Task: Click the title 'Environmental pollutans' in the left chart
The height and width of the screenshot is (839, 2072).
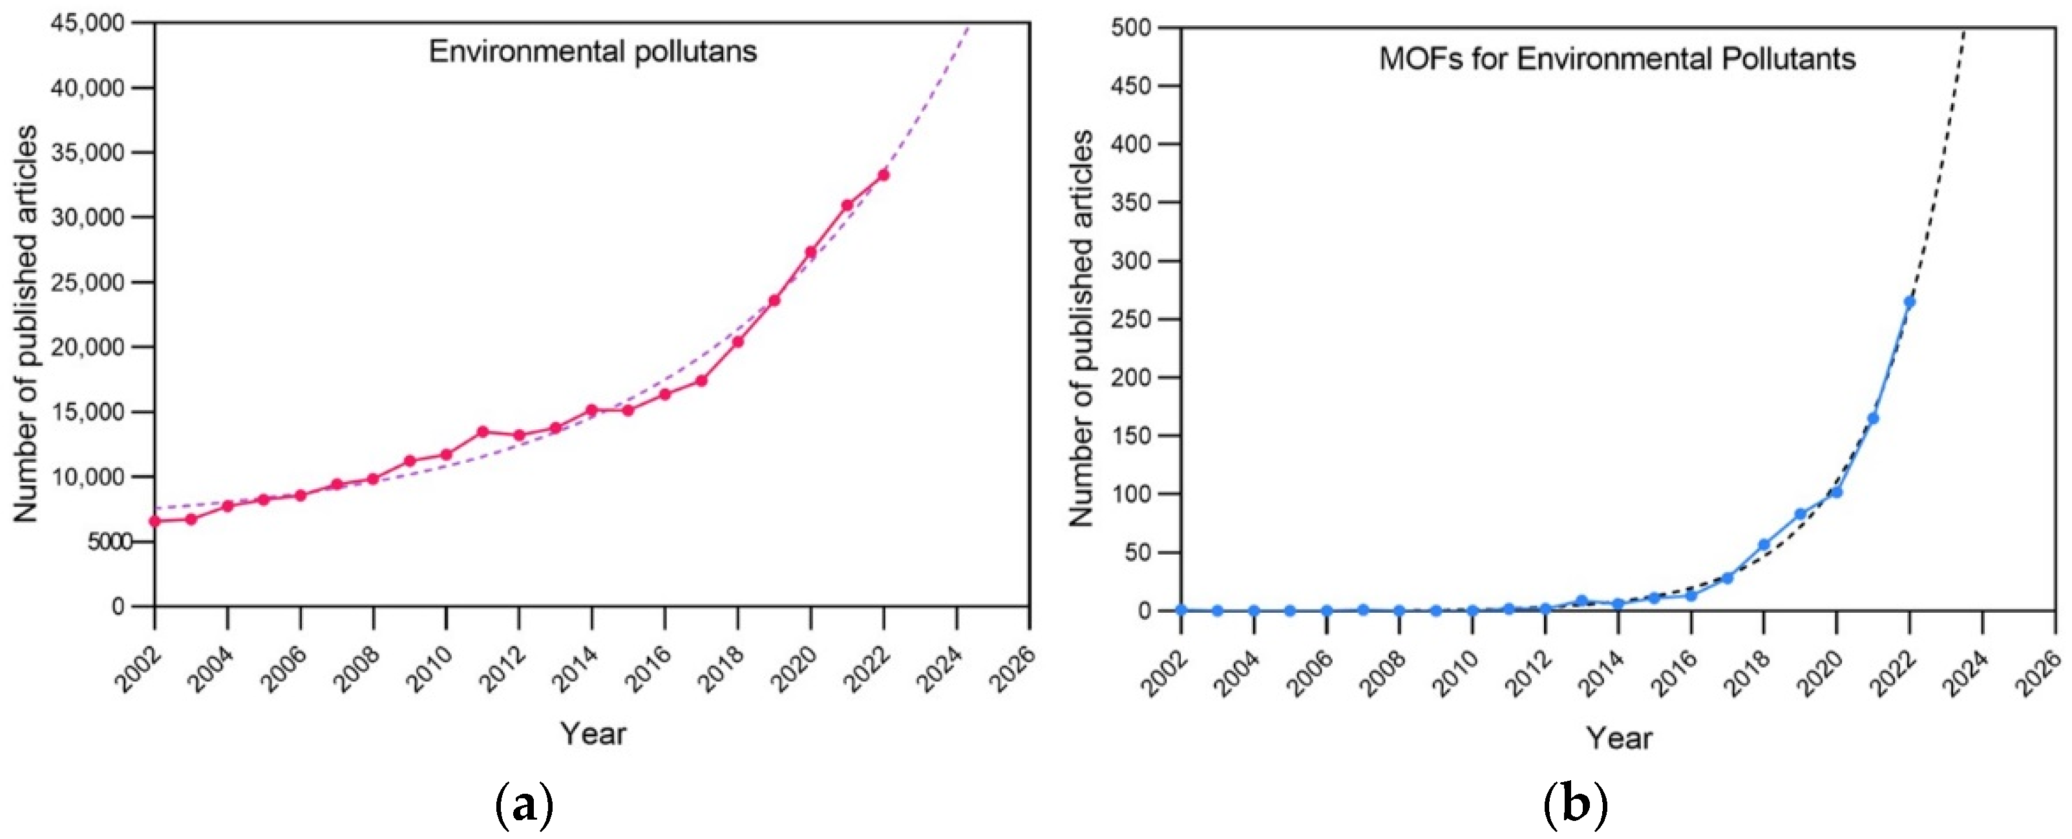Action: click(593, 52)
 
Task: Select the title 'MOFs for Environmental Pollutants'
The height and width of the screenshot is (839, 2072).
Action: click(1618, 59)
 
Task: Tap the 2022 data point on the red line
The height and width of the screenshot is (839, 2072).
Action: click(883, 175)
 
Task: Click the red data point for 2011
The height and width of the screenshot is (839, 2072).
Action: click(483, 432)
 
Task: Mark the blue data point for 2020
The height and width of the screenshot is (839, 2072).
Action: click(1836, 491)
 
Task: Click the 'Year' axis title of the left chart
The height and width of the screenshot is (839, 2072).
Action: click(593, 734)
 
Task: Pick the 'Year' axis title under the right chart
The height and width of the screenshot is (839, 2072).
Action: click(1619, 738)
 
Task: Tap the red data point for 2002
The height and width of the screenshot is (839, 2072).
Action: click(155, 520)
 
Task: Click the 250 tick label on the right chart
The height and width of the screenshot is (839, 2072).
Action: click(1134, 319)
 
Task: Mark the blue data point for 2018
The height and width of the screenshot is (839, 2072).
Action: click(1764, 545)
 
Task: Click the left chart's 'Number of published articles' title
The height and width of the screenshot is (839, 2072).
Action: click(26, 323)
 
